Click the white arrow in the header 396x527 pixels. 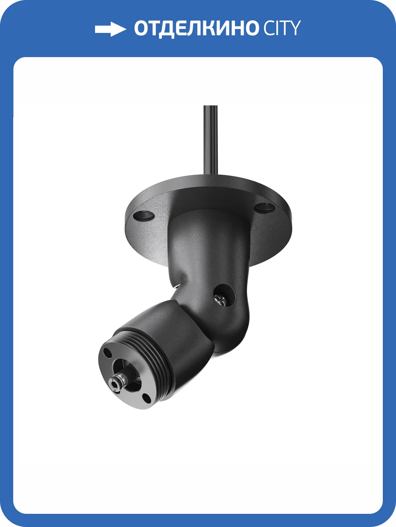(110, 29)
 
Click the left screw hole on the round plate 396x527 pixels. (144, 216)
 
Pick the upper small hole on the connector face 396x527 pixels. (107, 352)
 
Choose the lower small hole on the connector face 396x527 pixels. (145, 398)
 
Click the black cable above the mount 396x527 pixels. (211, 141)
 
